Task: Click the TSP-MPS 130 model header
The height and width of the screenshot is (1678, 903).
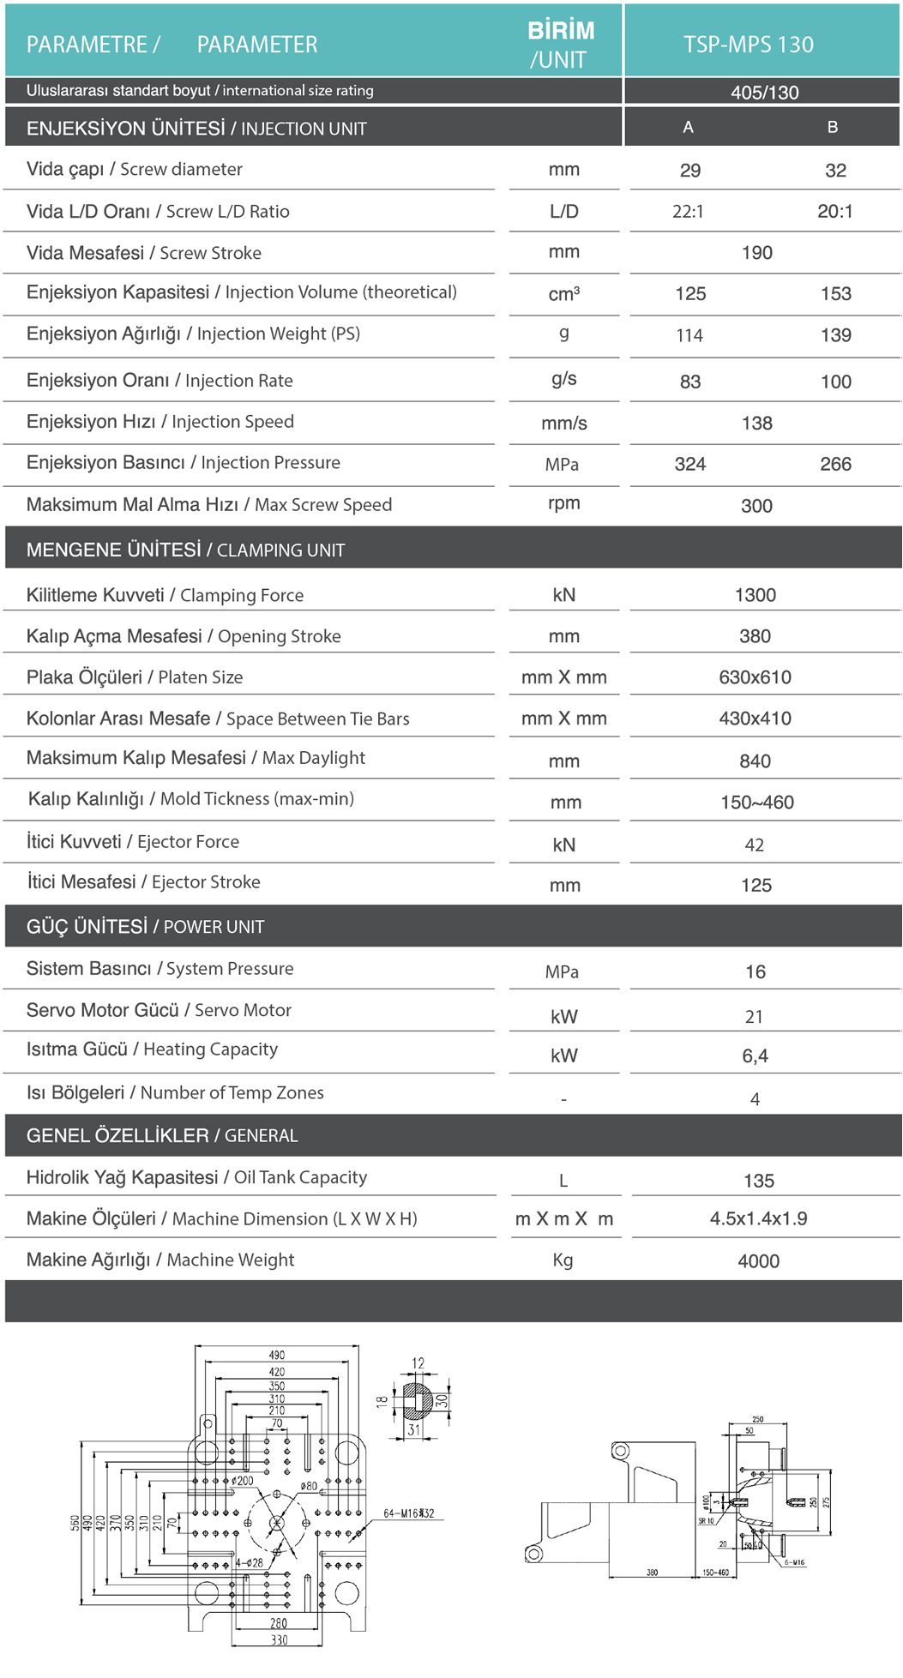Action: click(x=748, y=45)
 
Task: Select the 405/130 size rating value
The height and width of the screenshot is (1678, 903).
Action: click(x=764, y=93)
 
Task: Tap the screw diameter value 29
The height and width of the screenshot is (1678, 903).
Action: click(x=689, y=171)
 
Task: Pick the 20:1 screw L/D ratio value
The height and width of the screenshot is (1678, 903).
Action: click(x=834, y=212)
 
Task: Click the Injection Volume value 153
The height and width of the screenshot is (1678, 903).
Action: click(x=835, y=294)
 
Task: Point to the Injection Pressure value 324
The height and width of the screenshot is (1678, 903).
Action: click(x=689, y=465)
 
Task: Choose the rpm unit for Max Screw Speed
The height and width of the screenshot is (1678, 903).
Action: click(x=563, y=503)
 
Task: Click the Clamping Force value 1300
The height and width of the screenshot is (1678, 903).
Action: click(x=755, y=595)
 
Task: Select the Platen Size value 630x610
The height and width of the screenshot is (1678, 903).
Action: click(x=755, y=677)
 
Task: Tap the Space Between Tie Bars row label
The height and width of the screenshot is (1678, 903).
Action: click(x=218, y=719)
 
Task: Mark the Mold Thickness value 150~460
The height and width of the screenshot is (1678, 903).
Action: click(x=756, y=803)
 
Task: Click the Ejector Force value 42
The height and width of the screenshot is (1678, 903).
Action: click(x=754, y=845)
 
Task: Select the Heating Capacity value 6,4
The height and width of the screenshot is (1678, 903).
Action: click(x=755, y=1056)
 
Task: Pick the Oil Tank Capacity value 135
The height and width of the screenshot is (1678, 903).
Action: click(x=758, y=1182)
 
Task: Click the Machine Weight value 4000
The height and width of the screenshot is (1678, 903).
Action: click(x=758, y=1261)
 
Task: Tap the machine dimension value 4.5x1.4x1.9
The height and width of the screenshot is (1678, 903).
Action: click(x=758, y=1219)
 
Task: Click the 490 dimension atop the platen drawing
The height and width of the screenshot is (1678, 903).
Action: click(x=276, y=1356)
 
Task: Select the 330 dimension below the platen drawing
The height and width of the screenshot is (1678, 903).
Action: click(x=279, y=1640)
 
